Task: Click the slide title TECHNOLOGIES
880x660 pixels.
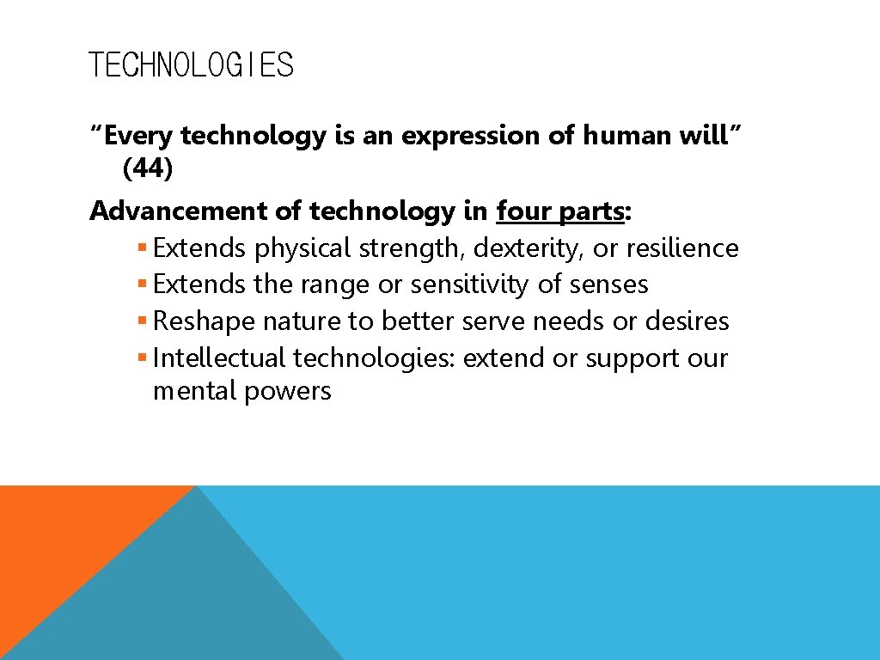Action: pyautogui.click(x=191, y=65)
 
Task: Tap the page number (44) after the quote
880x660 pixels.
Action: pyautogui.click(x=148, y=169)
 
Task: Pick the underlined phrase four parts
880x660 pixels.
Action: pyautogui.click(x=560, y=211)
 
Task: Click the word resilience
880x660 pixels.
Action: pyautogui.click(x=682, y=248)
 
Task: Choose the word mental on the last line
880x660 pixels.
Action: pyautogui.click(x=195, y=391)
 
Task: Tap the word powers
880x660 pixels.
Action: pyautogui.click(x=288, y=392)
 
